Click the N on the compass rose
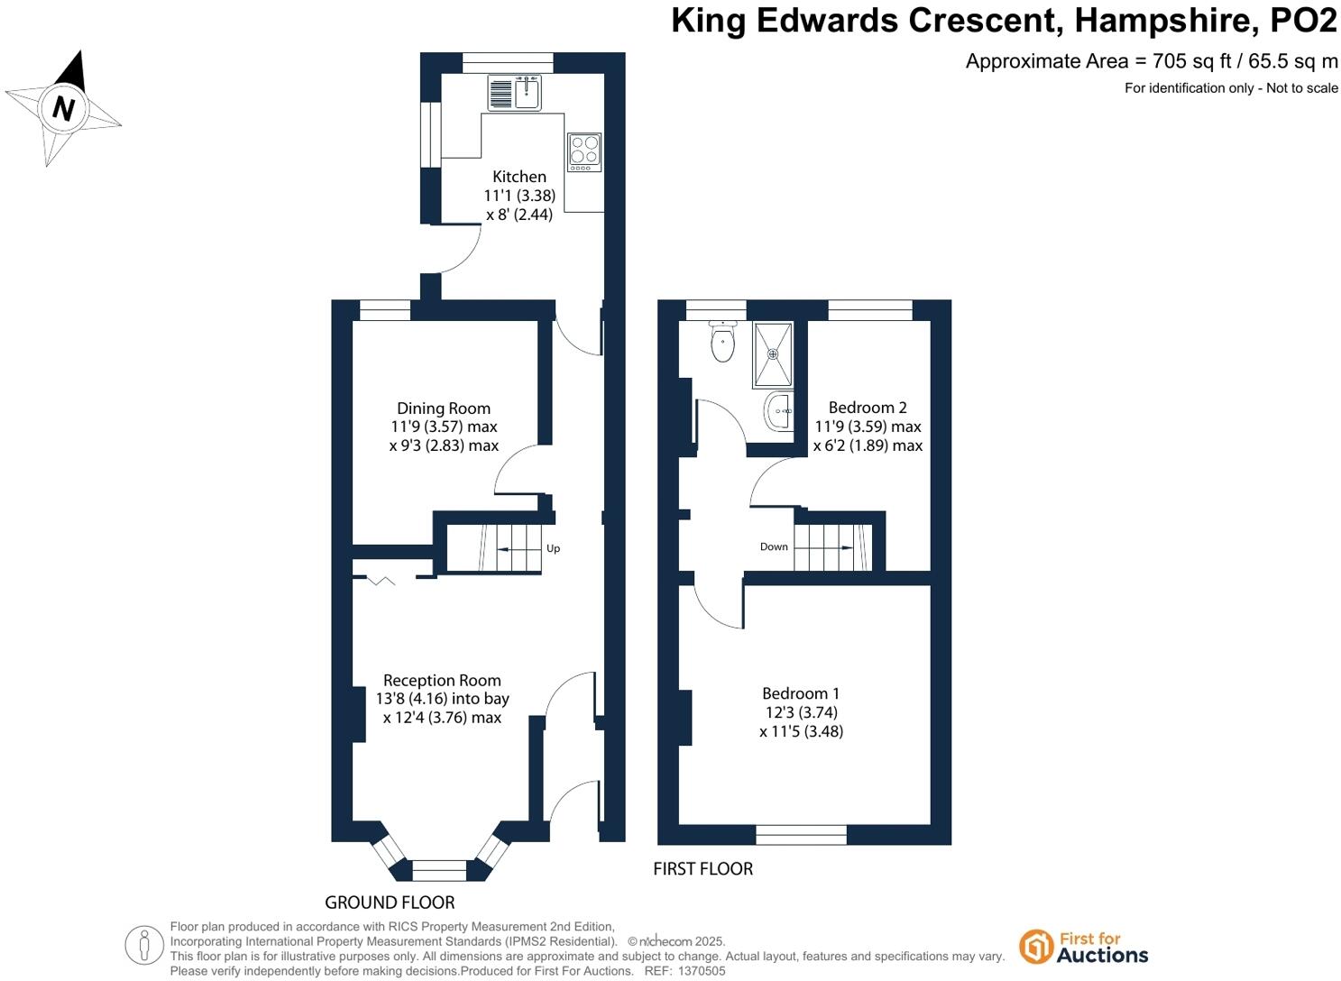62,108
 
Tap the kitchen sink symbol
515,92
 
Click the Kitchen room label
519,177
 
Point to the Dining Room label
444,408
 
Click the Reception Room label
442,681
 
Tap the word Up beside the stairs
553,548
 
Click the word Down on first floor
774,546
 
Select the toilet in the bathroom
722,344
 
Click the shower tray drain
773,354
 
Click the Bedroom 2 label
868,408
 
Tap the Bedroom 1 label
801,693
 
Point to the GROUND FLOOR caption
390,903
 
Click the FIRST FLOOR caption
703,869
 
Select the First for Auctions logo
1083,947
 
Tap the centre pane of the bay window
439,870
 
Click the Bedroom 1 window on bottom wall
801,835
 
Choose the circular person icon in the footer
144,946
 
